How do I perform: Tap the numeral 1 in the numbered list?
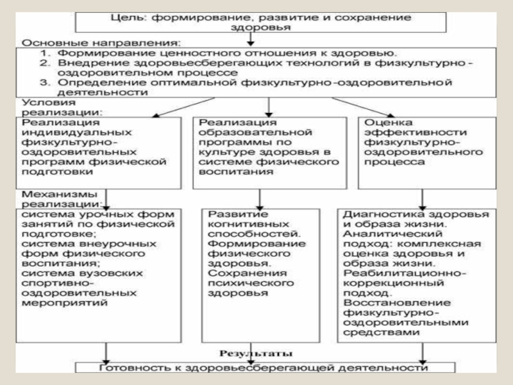click(43, 52)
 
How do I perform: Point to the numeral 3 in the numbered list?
click(43, 83)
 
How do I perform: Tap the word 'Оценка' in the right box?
click(380, 122)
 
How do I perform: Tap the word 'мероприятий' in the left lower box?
click(60, 302)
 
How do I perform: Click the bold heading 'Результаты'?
click(256, 354)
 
